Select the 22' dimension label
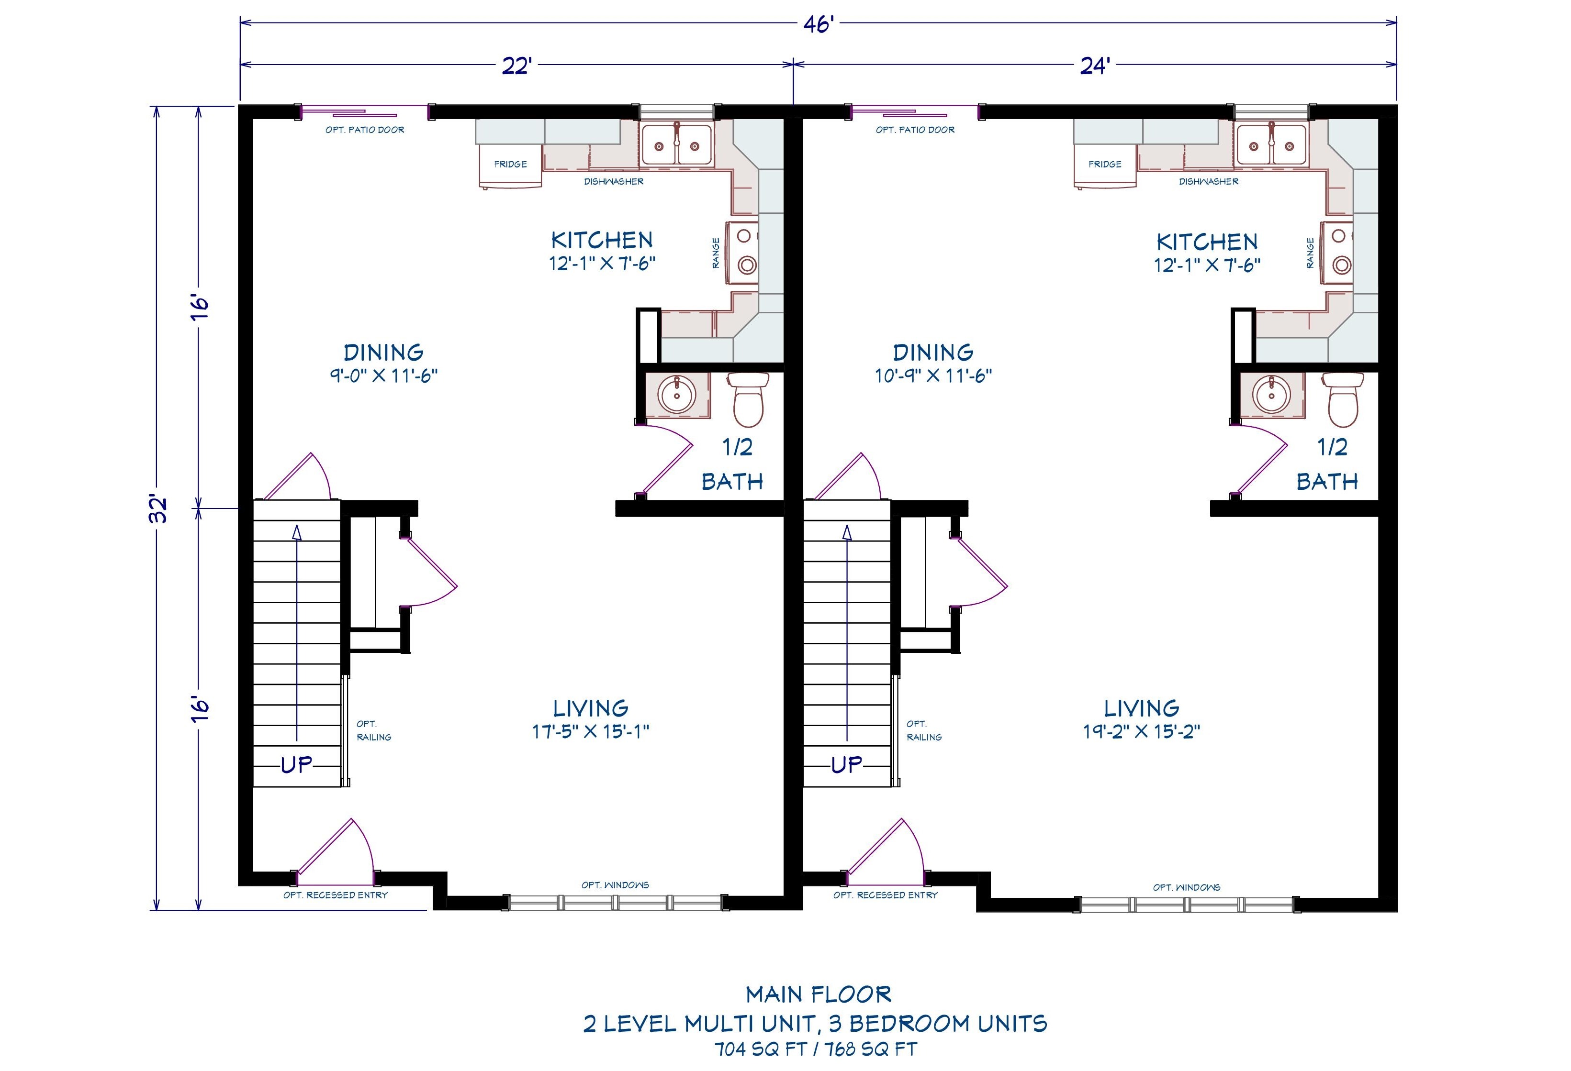pyautogui.click(x=517, y=66)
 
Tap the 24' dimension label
pyautogui.click(x=1094, y=66)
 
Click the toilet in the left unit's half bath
pyautogui.click(x=748, y=399)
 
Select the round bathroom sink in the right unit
pyautogui.click(x=1271, y=395)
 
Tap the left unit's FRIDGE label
pyautogui.click(x=510, y=164)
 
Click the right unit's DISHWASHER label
pyautogui.click(x=1209, y=181)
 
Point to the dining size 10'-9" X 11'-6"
pyautogui.click(x=933, y=375)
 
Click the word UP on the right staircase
pyautogui.click(x=847, y=764)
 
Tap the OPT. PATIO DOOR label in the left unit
pyautogui.click(x=365, y=130)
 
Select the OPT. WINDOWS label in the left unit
pyautogui.click(x=615, y=884)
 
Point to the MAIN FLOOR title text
pyautogui.click(x=819, y=994)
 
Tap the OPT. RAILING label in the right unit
pyautogui.click(x=924, y=730)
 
